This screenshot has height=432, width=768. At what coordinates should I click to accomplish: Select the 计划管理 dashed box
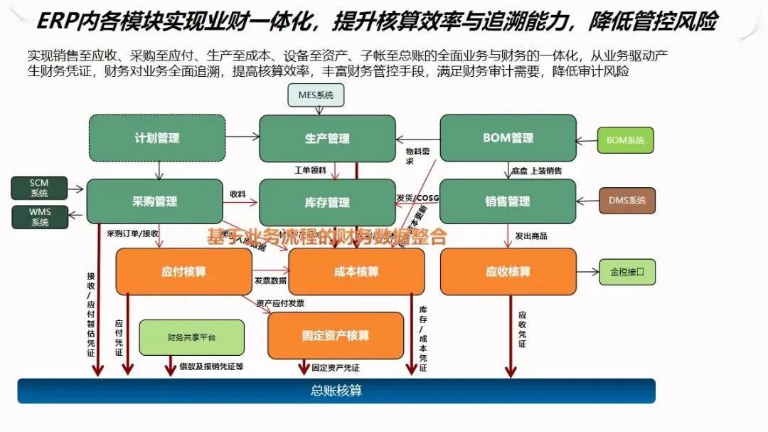click(156, 138)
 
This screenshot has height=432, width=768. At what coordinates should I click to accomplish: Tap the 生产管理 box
click(327, 138)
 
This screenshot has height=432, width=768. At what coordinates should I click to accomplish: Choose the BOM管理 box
click(508, 138)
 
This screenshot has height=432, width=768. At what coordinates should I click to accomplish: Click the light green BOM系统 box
click(625, 140)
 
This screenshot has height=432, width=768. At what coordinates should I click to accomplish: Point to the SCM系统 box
click(40, 189)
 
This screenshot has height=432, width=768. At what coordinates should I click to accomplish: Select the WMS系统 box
click(40, 217)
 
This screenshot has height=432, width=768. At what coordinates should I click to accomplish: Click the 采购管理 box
click(154, 201)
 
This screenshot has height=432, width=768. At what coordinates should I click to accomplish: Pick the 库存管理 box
click(327, 202)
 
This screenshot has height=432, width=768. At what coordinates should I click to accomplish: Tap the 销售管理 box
click(508, 201)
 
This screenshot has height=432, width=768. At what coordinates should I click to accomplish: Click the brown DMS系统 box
click(626, 201)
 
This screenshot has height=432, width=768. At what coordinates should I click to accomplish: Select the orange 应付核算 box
click(183, 271)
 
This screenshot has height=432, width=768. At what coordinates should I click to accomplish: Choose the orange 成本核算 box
click(356, 271)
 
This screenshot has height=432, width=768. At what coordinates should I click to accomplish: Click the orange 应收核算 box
click(508, 271)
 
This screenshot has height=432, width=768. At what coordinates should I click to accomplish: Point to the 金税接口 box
click(626, 271)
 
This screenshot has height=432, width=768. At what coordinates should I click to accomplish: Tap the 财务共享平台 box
click(191, 337)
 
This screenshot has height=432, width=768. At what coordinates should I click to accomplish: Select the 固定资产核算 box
click(335, 335)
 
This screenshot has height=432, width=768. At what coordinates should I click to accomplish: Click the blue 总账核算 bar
click(336, 391)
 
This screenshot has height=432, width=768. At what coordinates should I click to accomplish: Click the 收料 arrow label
click(238, 194)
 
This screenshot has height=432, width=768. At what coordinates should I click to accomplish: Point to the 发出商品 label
click(531, 236)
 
